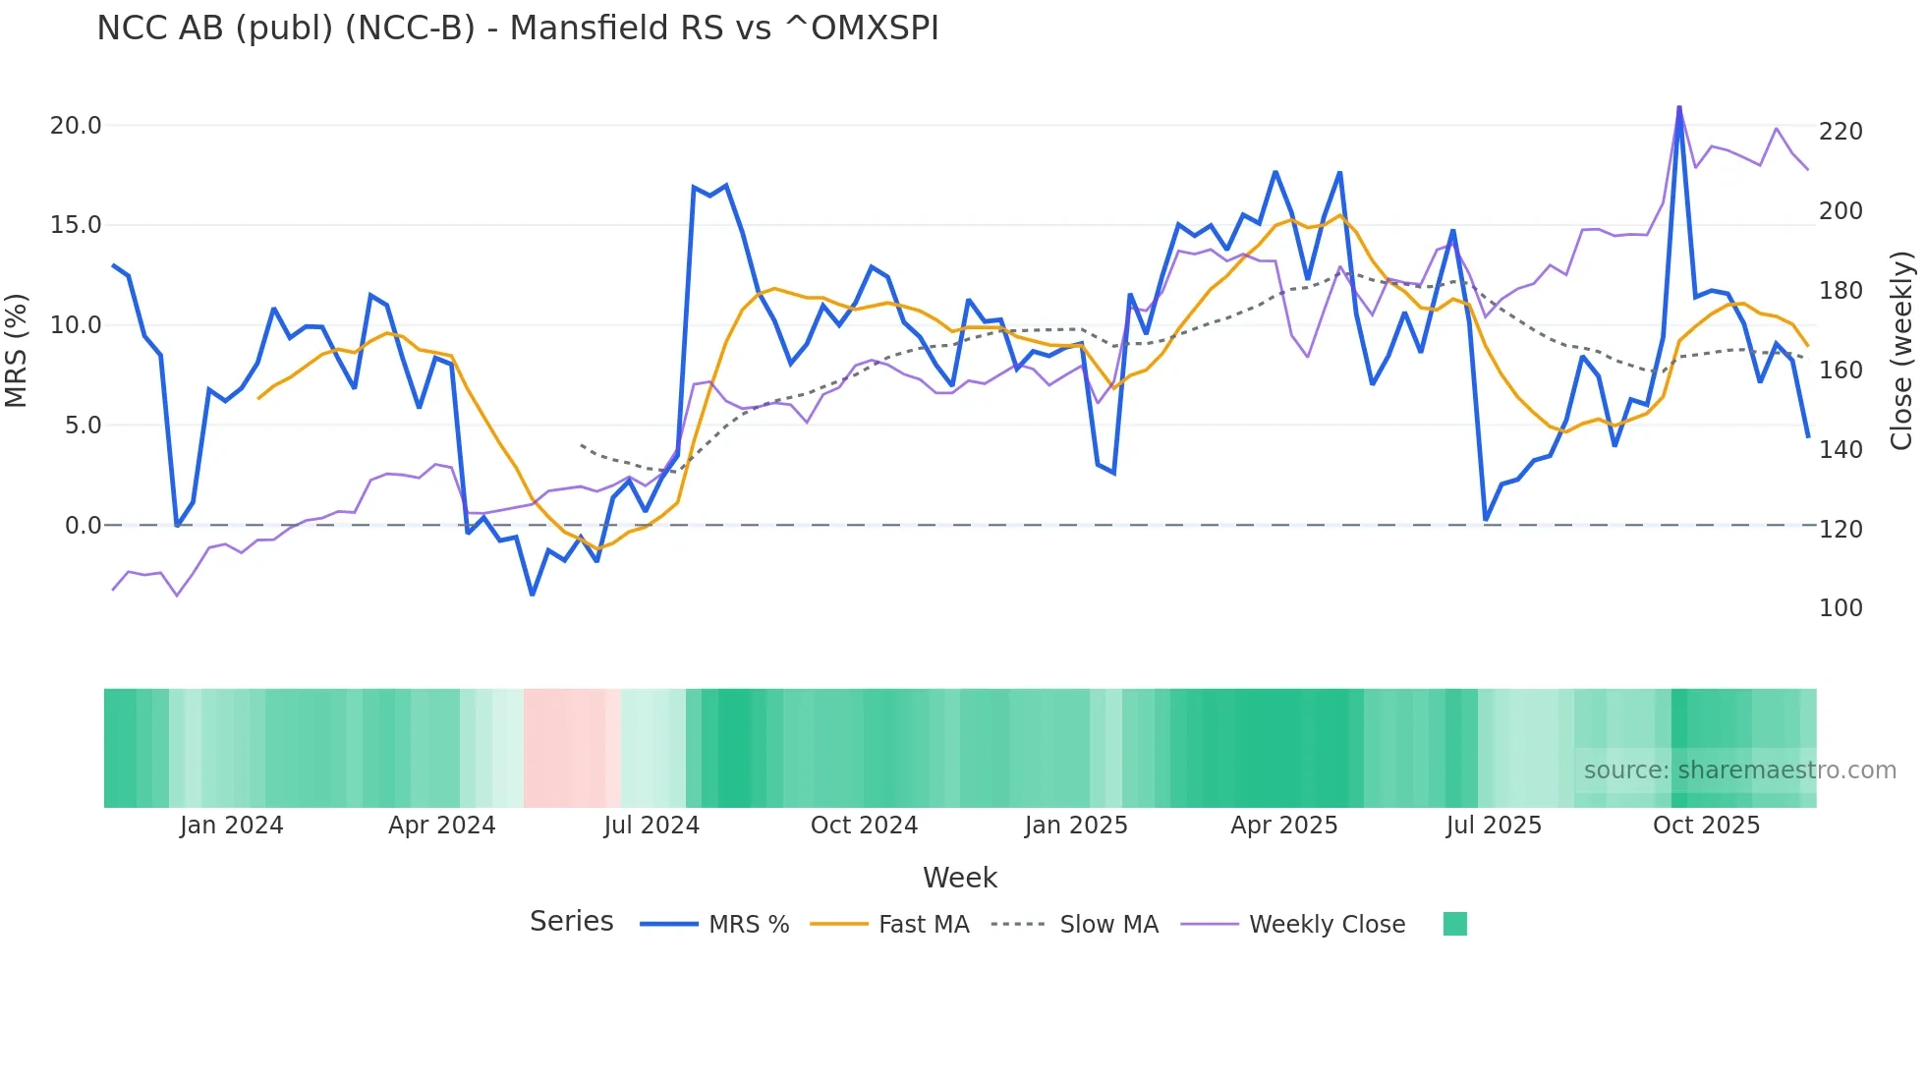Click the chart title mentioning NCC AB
pos(518,28)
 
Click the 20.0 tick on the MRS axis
pos(76,126)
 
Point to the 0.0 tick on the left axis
pos(83,526)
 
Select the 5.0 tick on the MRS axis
pos(83,426)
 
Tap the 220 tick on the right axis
pos(1841,132)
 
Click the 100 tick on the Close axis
pos(1841,608)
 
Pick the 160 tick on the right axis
pos(1841,370)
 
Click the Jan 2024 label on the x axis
pos(231,826)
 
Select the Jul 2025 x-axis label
pos(1494,826)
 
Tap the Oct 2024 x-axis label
pos(864,826)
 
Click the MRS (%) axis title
pos(17,350)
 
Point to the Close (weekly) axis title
pos(1901,350)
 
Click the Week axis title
pos(960,878)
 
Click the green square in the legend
pos(1454,924)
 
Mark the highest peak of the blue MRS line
pos(1678,107)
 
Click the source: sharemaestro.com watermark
pos(1739,770)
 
